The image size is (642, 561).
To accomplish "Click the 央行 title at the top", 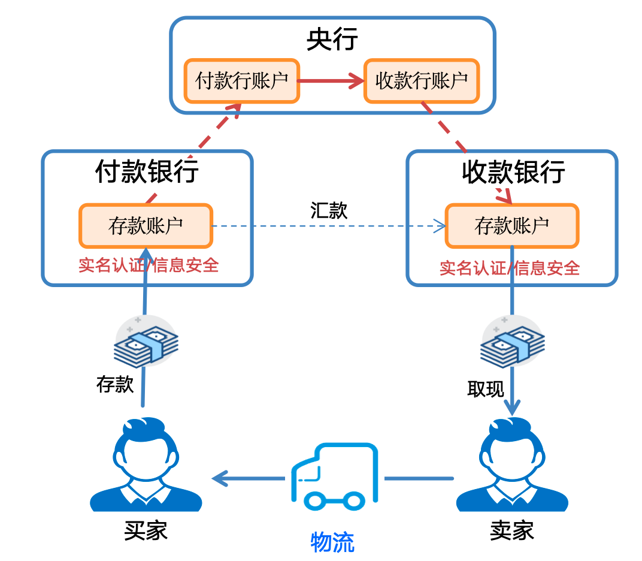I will pos(332,40).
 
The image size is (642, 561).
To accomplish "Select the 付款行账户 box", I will pos(241,80).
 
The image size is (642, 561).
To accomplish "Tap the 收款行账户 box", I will pos(422,80).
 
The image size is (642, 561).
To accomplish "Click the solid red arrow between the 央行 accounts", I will pos(331,80).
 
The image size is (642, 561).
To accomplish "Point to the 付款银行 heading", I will pos(147,171).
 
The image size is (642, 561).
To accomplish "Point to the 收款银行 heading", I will pos(513,172).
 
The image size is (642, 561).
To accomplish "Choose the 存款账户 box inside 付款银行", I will pos(146,226).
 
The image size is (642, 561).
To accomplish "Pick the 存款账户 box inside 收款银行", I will pos(512,226).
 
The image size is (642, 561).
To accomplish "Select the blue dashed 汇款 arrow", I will pos(329,227).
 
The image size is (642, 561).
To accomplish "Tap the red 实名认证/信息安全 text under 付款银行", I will pos(149,265).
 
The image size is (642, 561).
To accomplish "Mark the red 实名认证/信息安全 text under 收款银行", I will pos(510,267).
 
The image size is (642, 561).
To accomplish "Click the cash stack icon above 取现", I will pos(513,341).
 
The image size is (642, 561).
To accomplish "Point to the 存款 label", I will pos(115,384).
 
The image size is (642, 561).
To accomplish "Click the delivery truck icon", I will pos(334,474).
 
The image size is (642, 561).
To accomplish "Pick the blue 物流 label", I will pos(332,542).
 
